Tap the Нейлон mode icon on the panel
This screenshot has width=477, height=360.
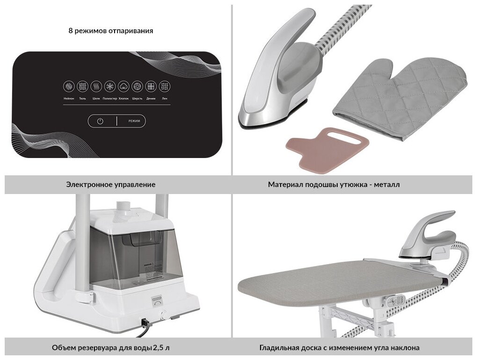(x=69, y=86)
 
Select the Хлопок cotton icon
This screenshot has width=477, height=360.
(x=123, y=86)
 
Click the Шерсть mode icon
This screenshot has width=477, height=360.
(x=137, y=86)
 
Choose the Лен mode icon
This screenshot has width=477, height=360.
(x=165, y=86)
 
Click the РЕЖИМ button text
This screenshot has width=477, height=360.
(x=134, y=121)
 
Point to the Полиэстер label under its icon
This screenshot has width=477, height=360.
(x=110, y=99)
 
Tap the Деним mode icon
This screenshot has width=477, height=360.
(x=151, y=86)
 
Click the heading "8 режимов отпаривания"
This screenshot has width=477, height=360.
(x=111, y=31)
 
